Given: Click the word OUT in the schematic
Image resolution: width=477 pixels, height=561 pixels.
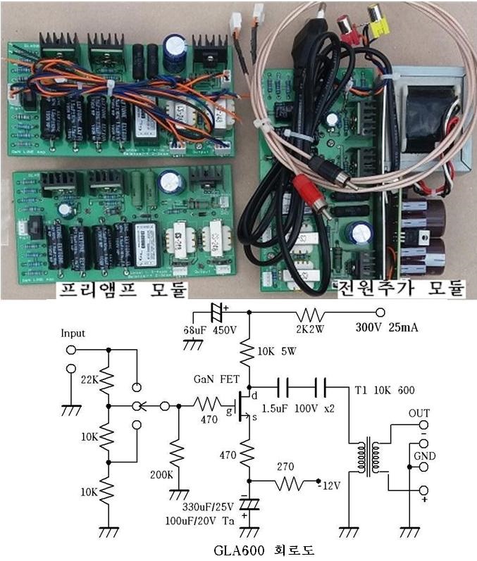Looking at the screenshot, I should tap(419, 412).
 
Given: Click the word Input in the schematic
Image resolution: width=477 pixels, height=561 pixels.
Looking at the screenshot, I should tap(73, 332).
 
